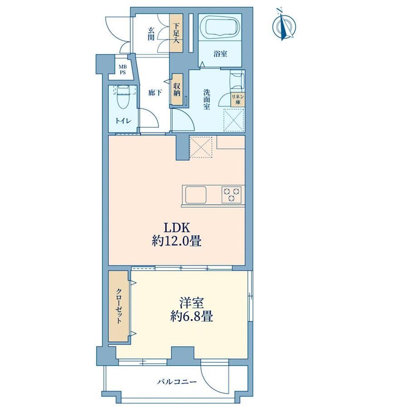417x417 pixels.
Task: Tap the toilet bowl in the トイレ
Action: click(x=122, y=97)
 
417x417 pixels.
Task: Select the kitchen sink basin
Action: click(x=196, y=194)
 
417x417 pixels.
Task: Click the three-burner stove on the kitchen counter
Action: click(x=232, y=194)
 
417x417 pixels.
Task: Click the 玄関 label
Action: click(x=151, y=34)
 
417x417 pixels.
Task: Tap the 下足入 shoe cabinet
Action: click(x=176, y=33)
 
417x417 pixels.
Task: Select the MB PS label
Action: click(x=122, y=70)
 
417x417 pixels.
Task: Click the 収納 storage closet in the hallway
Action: click(x=177, y=89)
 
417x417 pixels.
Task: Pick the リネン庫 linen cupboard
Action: click(x=238, y=100)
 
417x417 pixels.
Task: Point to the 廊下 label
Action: click(x=155, y=93)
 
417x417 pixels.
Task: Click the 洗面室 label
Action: click(x=207, y=99)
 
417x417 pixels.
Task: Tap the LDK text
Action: click(x=177, y=228)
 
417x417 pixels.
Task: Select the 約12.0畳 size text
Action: click(x=176, y=242)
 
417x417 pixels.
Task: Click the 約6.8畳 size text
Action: click(x=191, y=316)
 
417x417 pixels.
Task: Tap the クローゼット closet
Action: click(x=119, y=306)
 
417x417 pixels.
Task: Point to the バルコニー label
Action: click(x=177, y=382)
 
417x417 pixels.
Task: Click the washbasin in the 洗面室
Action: click(x=237, y=80)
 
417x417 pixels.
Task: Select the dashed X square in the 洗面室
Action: click(x=234, y=120)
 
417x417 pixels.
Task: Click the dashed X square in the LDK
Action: click(x=201, y=147)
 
